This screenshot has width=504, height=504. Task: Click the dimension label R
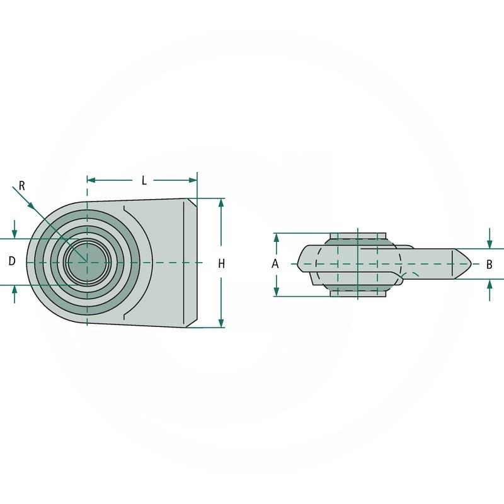pos(22,186)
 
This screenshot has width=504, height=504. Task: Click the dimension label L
pos(144,181)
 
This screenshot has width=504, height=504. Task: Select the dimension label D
pos(12,261)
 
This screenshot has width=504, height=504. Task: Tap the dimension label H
pos(221,264)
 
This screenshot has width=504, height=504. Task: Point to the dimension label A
pos(275,264)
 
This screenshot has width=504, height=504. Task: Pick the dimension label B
pos(490,265)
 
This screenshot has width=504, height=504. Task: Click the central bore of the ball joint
pos(87,262)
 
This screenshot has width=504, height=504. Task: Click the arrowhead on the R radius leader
pos(30,205)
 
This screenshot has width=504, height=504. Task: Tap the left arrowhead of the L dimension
pos(91,180)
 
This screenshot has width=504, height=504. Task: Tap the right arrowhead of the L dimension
pos(193,180)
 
